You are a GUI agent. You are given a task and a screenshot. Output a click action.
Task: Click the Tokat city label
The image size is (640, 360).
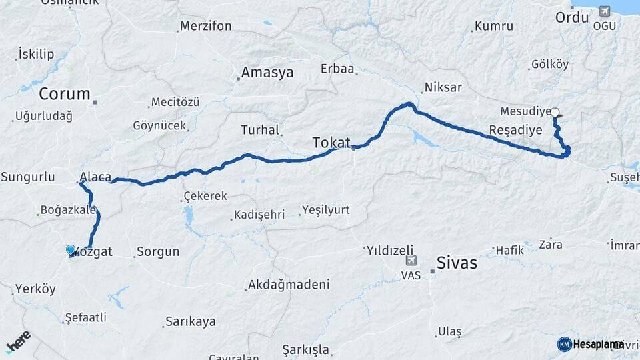[331, 142]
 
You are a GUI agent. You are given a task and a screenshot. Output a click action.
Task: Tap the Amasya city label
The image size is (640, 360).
[267, 73]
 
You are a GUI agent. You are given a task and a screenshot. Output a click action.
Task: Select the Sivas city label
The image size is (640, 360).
[457, 263]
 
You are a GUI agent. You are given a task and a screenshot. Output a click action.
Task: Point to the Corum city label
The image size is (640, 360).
[64, 93]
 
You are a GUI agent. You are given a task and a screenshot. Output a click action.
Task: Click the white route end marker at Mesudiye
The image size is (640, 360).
[555, 113]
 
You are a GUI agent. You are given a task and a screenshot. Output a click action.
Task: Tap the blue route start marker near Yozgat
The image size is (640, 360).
[71, 250]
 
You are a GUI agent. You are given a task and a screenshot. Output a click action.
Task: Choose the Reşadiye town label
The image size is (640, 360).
[515, 129]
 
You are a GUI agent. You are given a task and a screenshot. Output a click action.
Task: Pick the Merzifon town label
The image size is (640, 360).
[206, 27]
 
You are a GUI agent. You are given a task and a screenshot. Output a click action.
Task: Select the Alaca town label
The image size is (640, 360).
[95, 177]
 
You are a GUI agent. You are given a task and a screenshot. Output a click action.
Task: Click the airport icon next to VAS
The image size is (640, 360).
[411, 261]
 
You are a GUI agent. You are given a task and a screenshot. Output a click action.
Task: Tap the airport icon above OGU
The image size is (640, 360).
[605, 11]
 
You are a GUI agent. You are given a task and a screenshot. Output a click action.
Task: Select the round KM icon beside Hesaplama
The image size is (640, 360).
[564, 344]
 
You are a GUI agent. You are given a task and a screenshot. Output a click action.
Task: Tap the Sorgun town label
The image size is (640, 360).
[158, 252]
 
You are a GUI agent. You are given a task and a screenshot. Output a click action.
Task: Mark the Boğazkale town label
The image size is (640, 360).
[69, 210]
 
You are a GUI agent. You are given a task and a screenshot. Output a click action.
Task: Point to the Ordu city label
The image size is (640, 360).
[572, 16]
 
